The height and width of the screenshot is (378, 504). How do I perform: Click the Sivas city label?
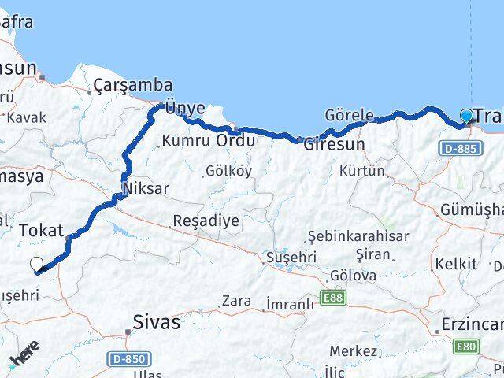point(156,322)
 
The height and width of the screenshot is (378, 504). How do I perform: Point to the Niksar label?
point(146,189)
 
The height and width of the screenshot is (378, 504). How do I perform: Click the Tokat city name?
point(40,230)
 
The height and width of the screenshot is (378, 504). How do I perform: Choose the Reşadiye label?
point(206,220)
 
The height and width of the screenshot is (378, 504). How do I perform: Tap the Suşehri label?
point(291,257)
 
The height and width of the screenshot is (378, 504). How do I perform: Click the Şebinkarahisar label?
point(348,237)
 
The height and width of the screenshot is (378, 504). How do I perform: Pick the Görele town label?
point(349,116)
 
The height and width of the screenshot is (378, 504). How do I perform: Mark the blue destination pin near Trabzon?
point(467,117)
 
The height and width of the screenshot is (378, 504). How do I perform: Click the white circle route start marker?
point(36,265)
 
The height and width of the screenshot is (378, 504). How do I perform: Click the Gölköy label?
point(228,171)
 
